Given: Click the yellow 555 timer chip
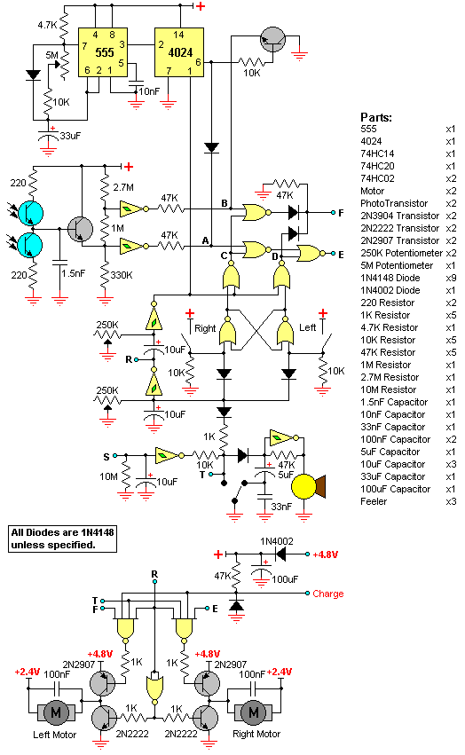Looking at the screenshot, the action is (x=103, y=52).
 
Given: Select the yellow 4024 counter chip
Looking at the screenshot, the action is (x=178, y=52).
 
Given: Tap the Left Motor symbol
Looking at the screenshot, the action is (x=56, y=712).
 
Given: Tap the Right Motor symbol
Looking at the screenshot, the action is (x=253, y=712).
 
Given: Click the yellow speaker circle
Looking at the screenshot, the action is (x=303, y=486).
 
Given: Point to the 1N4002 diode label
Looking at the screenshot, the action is (x=277, y=541).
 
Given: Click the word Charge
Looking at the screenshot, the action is (x=328, y=594).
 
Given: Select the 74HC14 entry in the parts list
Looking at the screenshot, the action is (x=377, y=153).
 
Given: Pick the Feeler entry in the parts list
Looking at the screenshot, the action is (x=374, y=501).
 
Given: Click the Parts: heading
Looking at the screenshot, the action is (x=376, y=117).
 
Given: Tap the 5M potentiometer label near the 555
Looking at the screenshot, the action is (x=52, y=55).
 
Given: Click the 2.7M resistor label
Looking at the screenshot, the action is (x=123, y=187).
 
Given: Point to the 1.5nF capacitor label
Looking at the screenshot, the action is (x=74, y=273).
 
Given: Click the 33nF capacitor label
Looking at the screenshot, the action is (x=281, y=507).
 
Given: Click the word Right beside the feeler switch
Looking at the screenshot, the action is (x=205, y=328).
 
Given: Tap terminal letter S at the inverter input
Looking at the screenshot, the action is (x=106, y=457).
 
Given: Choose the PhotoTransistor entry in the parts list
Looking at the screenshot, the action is (x=394, y=203).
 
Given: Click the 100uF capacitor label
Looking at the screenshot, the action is (x=285, y=579).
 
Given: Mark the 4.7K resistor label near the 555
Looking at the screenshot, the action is (x=48, y=25).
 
